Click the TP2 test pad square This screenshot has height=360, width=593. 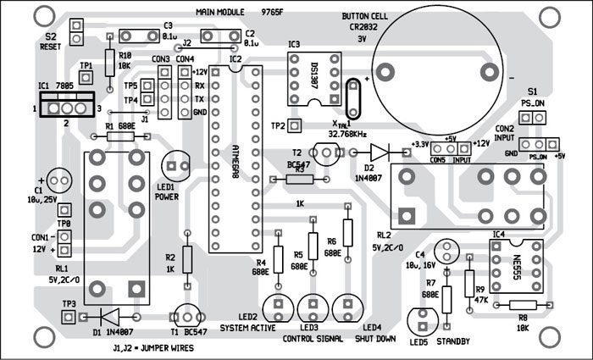coord(296,126)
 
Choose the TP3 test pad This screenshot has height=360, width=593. coord(68,315)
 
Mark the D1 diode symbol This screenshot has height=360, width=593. coord(108,316)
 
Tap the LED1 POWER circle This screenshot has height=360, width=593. coord(177,165)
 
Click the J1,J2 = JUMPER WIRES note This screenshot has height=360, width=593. coord(156,348)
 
